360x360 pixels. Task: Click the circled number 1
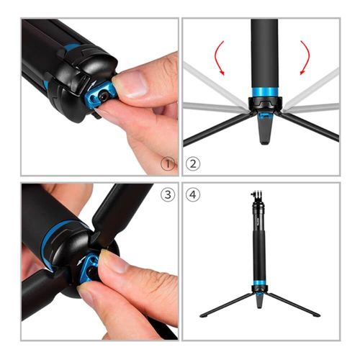(x=168, y=164)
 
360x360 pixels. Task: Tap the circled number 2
(x=193, y=163)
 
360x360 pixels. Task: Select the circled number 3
(x=168, y=194)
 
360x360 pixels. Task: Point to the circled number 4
(x=193, y=194)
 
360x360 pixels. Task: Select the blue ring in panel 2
(x=265, y=92)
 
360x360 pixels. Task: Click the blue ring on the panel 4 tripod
(x=259, y=282)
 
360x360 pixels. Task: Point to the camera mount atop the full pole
(x=258, y=196)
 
